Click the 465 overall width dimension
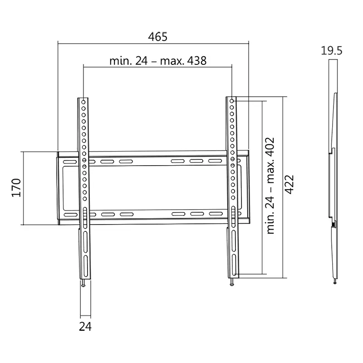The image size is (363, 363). click(158, 37)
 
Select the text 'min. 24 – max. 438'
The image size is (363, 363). click(158, 61)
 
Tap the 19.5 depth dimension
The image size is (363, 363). click(332, 50)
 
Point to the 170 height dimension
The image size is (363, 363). click(16, 188)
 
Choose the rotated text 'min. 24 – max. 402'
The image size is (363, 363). click(271, 185)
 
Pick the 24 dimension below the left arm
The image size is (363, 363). click(85, 326)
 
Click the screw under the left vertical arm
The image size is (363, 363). click(84, 283)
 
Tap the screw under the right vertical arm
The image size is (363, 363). click(232, 283)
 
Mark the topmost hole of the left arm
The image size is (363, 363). click(84, 101)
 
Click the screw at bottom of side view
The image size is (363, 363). click(335, 282)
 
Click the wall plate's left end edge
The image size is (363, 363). click(58, 188)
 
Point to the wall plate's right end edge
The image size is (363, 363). click(249, 188)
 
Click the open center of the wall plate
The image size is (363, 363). click(158, 188)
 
